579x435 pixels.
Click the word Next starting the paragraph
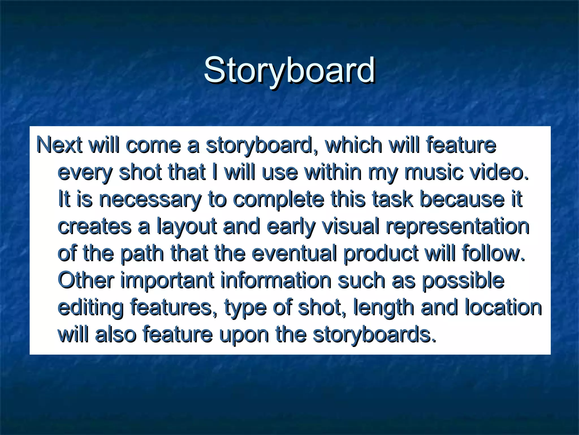(x=59, y=145)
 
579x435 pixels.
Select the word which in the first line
(x=353, y=145)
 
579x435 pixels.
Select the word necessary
(x=150, y=199)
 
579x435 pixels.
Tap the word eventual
(x=294, y=253)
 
